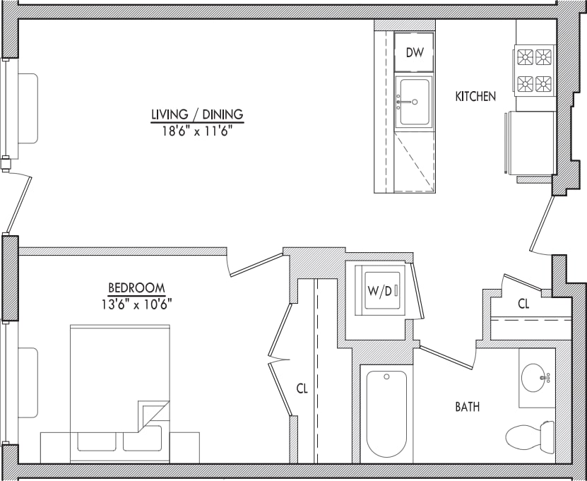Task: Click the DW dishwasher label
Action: [415, 53]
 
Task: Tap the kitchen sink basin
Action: [414, 102]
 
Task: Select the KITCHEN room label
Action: [475, 97]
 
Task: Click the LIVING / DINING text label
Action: [197, 114]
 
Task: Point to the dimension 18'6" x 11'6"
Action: [197, 130]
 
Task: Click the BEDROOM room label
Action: [136, 288]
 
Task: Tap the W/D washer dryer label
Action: [379, 291]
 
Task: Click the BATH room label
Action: [468, 407]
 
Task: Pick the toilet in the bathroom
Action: [528, 436]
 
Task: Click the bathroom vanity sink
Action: [536, 378]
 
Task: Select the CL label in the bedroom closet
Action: [302, 388]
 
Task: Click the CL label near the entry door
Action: [523, 304]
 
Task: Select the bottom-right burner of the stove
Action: [543, 84]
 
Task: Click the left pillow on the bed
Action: [97, 439]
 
